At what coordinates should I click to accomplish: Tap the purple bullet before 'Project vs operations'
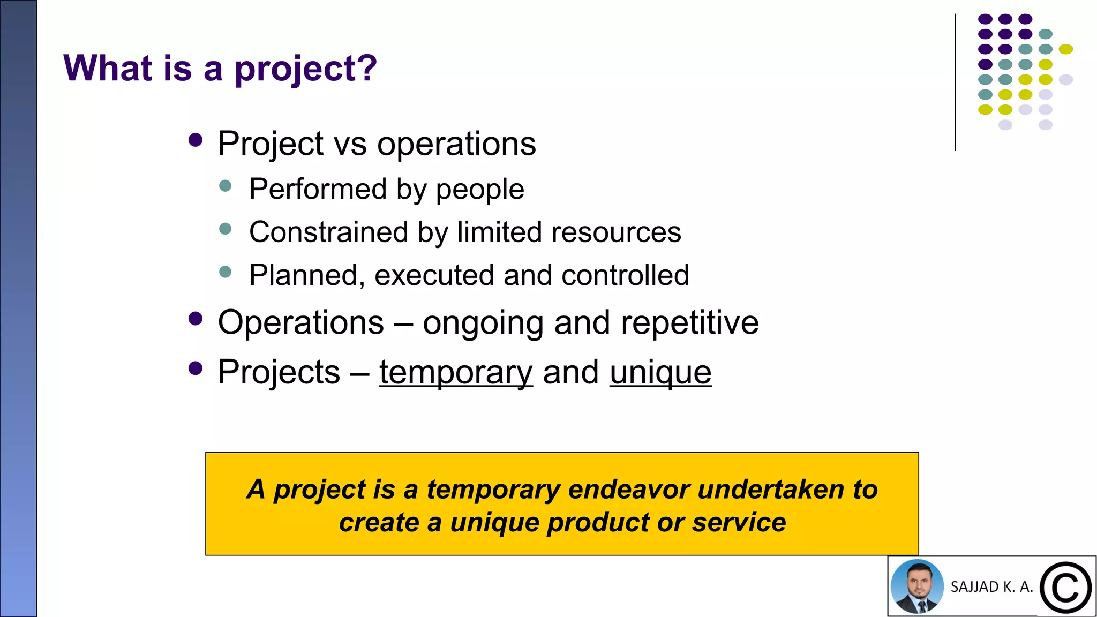pyautogui.click(x=196, y=140)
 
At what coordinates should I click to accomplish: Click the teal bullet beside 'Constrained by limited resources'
pyautogui.click(x=226, y=229)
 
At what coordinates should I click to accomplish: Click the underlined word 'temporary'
pyautogui.click(x=456, y=373)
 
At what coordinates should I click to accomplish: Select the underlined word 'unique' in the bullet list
pyautogui.click(x=660, y=373)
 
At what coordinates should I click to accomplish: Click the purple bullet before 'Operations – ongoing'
pyautogui.click(x=196, y=319)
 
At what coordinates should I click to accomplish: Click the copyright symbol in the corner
pyautogui.click(x=1065, y=588)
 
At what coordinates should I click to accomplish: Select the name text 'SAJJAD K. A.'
pyautogui.click(x=991, y=587)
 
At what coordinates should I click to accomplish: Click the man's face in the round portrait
pyautogui.click(x=917, y=583)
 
